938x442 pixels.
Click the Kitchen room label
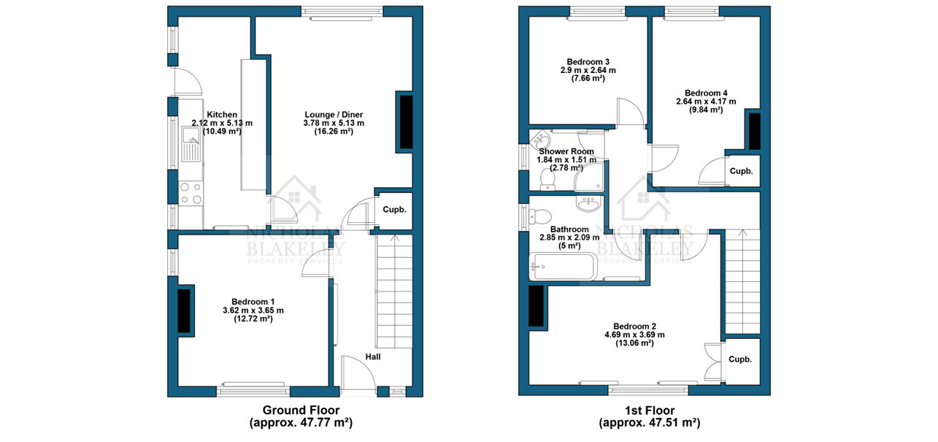point(222,115)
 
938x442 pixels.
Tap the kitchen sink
point(192,144)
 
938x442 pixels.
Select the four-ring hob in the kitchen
point(191,193)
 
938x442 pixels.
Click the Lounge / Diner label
point(334,115)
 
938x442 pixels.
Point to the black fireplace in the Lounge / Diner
point(406,122)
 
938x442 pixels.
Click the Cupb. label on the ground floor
point(394,210)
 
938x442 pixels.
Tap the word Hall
point(373,357)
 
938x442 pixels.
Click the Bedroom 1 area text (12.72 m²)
point(253,319)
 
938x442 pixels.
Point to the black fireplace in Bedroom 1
point(184,310)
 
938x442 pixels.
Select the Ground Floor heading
point(301,410)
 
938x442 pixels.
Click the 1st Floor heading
point(650,410)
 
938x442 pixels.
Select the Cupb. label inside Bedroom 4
point(741,171)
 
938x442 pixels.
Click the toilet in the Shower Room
point(547,179)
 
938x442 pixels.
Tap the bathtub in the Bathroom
point(561,267)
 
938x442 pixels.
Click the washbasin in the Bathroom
point(589,204)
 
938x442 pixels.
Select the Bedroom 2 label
point(634,327)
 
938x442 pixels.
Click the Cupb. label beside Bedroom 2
point(740,359)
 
